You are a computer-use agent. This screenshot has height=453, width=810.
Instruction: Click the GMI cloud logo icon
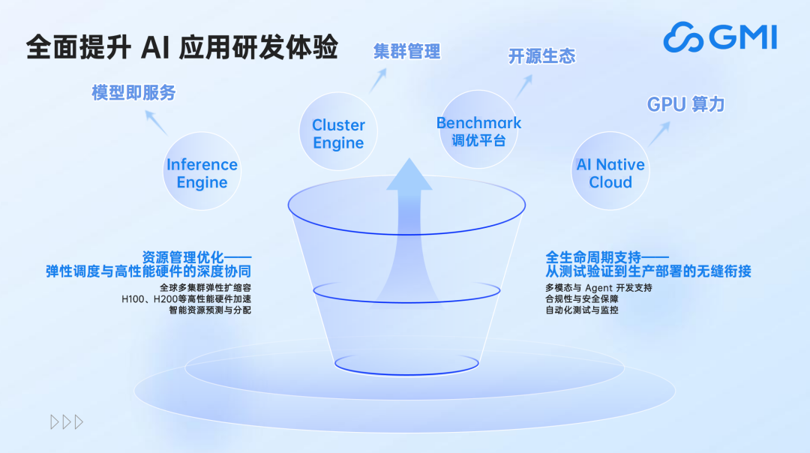point(683,37)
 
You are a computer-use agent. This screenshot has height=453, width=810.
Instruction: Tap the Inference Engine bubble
point(202,173)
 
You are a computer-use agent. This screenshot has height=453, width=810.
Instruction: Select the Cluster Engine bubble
point(338,134)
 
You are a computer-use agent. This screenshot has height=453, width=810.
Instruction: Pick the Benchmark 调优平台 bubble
point(478,131)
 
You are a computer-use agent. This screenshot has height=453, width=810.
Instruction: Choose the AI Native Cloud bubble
point(610,173)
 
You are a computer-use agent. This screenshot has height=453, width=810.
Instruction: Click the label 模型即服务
point(133,93)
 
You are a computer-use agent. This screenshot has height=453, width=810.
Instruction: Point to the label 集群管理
point(407,51)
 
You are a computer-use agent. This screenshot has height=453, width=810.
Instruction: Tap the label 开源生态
point(541,56)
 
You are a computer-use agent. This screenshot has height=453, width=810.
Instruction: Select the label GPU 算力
point(685,104)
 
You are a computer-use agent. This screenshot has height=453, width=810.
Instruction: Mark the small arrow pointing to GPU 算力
point(658,133)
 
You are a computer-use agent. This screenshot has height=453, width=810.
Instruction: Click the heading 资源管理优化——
point(196,256)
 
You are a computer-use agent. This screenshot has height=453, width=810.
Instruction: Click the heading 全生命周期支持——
point(607,256)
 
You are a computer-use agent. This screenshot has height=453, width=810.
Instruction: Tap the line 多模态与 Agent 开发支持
point(598,288)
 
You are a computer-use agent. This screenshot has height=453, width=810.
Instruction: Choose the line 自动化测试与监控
point(582,310)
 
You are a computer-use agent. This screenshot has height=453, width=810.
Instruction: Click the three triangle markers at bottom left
point(67,422)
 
